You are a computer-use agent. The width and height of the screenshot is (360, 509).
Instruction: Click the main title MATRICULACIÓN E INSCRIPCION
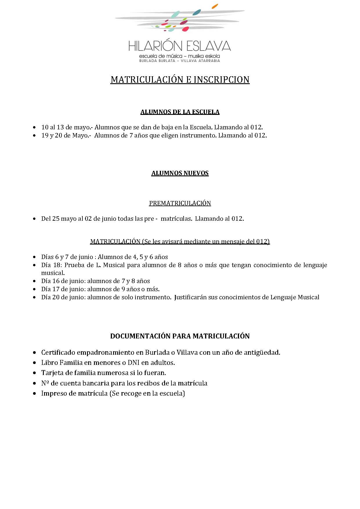coord(180,79)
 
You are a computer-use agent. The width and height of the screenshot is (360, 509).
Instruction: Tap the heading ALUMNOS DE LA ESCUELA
coord(180,112)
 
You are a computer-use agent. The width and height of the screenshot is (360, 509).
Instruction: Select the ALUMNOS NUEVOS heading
coord(180,173)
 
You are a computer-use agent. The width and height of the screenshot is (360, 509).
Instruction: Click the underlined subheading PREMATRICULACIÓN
coord(180,203)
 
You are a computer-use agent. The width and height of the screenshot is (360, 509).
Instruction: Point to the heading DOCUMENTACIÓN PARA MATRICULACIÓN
coord(180,336)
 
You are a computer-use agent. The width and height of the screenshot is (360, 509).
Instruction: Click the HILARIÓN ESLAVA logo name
coord(180,46)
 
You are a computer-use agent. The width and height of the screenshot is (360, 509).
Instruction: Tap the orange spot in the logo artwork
coord(215,6)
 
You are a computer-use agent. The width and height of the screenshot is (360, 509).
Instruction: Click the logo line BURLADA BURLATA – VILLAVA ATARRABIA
coord(180,61)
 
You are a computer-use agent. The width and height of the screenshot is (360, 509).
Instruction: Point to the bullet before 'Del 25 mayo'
coord(35,219)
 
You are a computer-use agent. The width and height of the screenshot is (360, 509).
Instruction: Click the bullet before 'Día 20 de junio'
coord(35,297)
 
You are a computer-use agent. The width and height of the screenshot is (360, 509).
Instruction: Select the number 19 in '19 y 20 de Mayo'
coord(45,135)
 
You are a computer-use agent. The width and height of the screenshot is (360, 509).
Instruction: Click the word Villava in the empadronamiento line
coord(187,352)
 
